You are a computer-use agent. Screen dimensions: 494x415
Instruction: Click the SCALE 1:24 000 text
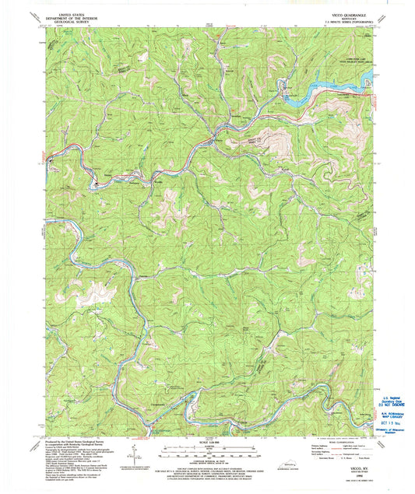point(206,443)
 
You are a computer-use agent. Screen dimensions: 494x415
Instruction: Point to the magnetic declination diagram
point(139,457)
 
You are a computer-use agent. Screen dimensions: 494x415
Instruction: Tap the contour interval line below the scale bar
point(206,464)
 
